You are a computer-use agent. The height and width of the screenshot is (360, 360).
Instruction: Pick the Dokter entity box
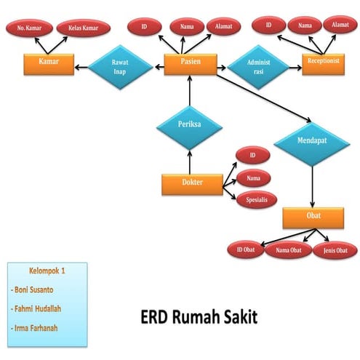point(192,183)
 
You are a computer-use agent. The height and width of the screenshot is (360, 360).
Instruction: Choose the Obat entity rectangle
point(313,217)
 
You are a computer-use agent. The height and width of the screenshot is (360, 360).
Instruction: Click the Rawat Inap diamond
point(120,66)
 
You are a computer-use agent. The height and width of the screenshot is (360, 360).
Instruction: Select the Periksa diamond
point(189,124)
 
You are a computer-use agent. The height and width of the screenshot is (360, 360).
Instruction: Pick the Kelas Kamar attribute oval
point(84,28)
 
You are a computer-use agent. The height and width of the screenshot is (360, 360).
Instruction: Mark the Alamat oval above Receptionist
point(338,25)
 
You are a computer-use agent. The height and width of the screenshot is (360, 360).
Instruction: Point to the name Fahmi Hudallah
point(39,308)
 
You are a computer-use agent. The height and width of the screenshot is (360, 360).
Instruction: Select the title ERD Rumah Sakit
point(198,318)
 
